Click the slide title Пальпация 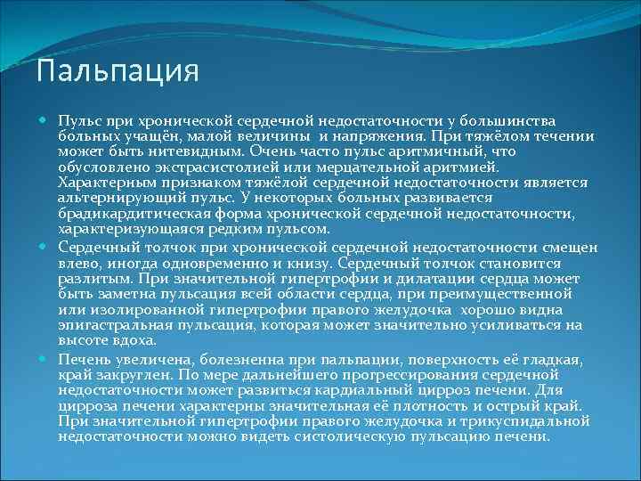tap(118, 70)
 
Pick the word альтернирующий tap(120, 197)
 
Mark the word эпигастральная tap(113, 325)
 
